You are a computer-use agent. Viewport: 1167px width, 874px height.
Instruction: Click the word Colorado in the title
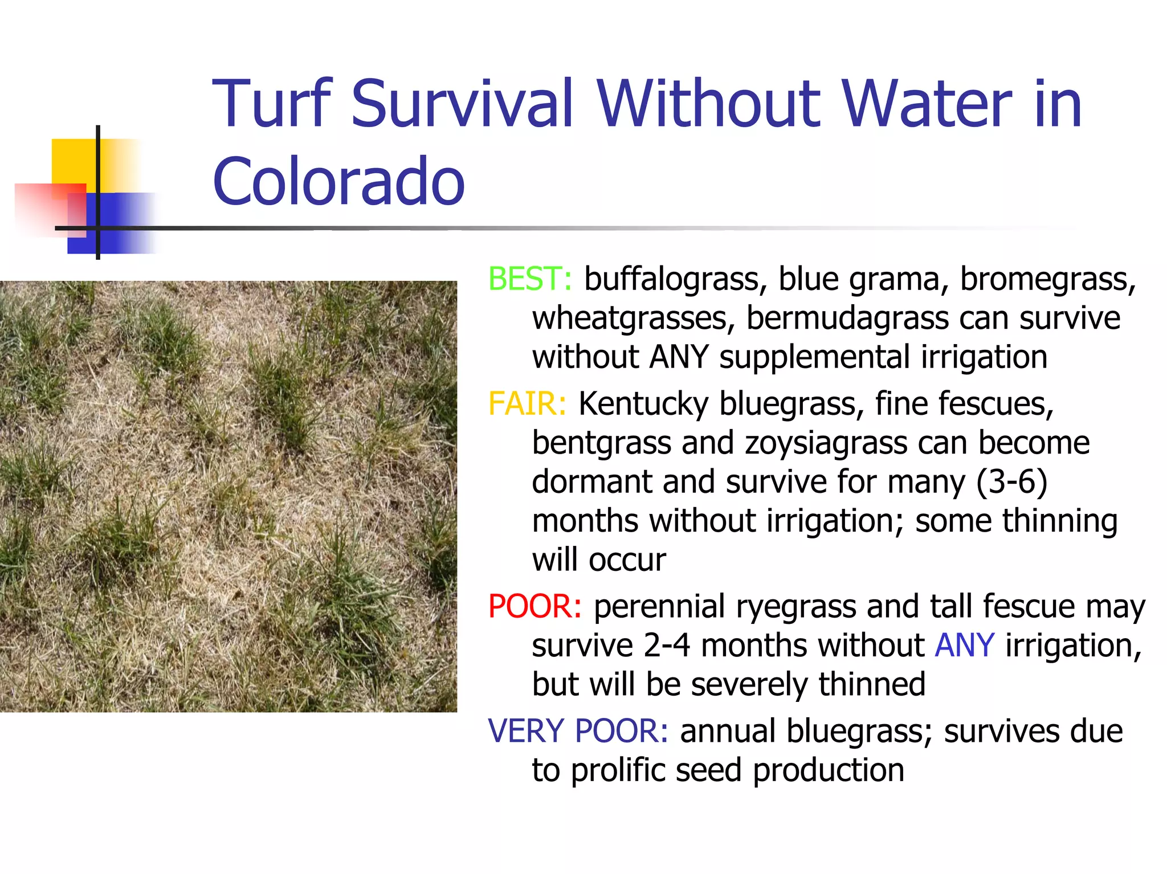pyautogui.click(x=338, y=181)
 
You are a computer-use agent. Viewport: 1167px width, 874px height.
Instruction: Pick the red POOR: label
pyautogui.click(x=534, y=606)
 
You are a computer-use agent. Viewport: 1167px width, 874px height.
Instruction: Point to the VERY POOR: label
pyautogui.click(x=578, y=731)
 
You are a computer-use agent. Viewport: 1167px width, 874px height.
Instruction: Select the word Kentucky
pyautogui.click(x=643, y=404)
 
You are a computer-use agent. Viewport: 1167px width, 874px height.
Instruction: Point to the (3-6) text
pyautogui.click(x=1011, y=482)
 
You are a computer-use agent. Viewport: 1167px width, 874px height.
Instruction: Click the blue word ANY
pyautogui.click(x=965, y=646)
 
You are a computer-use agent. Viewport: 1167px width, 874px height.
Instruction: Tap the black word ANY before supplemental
pyautogui.click(x=679, y=357)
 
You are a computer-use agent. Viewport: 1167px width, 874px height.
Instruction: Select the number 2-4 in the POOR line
pyautogui.click(x=667, y=646)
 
